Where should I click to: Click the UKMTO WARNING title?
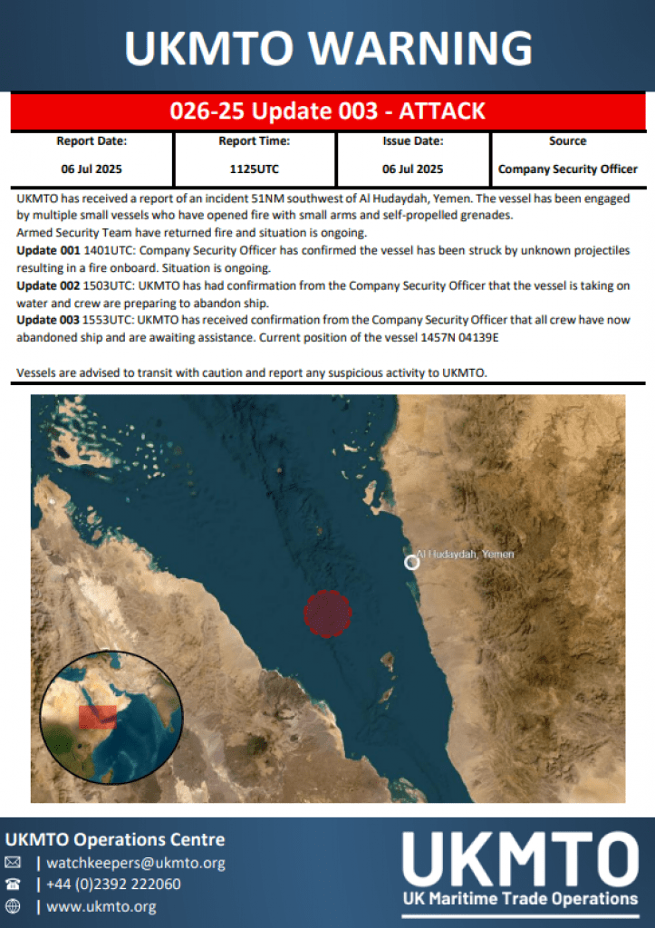pos(327,47)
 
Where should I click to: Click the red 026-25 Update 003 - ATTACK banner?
pos(327,111)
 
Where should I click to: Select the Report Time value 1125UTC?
pos(254,169)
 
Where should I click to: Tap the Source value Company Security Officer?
pos(568,169)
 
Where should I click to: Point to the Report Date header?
pos(92,141)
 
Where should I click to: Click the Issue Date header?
pos(412,141)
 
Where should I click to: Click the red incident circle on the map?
pos(327,614)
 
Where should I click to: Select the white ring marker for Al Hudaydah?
pos(411,562)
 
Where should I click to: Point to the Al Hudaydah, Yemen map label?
pos(466,554)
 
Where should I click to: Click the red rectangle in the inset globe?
pos(97,717)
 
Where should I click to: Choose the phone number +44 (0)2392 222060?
pos(113,884)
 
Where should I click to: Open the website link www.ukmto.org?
pos(101,906)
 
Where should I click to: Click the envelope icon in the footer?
pos(13,863)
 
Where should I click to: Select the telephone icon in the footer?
pos(13,884)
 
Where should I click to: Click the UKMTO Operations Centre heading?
pos(115,839)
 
